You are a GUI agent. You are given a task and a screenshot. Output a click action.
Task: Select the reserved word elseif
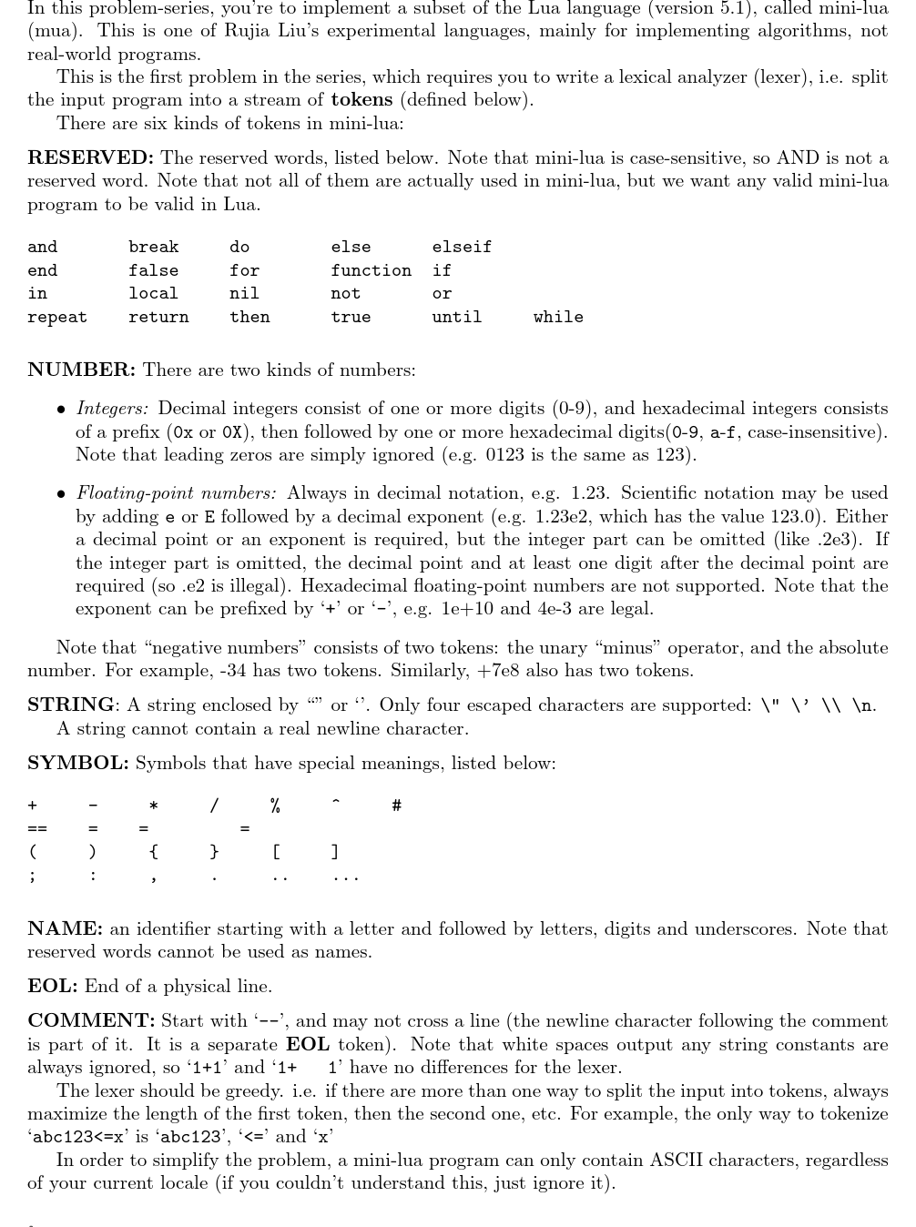[x=462, y=247]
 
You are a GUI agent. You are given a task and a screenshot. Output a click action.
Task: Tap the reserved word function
[x=371, y=270]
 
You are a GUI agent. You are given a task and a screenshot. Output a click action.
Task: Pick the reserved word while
[x=558, y=317]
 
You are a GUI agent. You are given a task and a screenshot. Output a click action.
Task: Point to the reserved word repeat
[x=57, y=317]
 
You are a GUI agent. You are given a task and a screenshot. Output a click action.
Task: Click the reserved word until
[x=457, y=317]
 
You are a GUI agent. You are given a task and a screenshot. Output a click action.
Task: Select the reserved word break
[x=154, y=247]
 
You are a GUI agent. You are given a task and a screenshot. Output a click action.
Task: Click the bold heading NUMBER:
[x=82, y=370]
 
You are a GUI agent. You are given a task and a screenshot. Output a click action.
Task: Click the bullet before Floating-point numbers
[x=60, y=494]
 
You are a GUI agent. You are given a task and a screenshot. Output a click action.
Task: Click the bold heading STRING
[x=71, y=705]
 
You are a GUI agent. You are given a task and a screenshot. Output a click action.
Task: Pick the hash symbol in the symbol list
[x=396, y=806]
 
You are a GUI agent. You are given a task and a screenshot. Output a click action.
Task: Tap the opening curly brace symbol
[x=153, y=852]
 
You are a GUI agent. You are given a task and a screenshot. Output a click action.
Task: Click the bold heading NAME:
[x=65, y=929]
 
